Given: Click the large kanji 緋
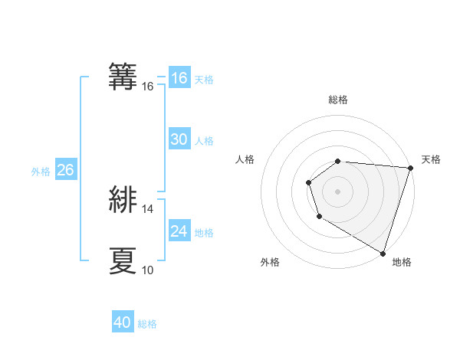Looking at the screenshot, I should coord(123,199).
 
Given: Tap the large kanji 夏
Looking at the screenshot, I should coord(123,260).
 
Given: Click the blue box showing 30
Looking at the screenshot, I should coord(179,139).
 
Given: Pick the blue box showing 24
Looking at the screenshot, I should coord(179,231).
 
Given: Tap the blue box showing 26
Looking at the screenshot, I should coord(65,170).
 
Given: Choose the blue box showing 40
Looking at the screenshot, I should coord(123,323).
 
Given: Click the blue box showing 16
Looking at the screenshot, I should coord(179,78).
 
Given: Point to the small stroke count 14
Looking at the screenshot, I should coord(148,209).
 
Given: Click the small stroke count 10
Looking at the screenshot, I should coord(148,270).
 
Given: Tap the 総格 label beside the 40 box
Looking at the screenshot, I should coord(147,324).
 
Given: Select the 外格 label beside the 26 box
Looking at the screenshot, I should coord(41,172).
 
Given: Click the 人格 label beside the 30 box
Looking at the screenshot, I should coord(204,141).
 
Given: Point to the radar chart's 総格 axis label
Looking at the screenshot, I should coord(337,100).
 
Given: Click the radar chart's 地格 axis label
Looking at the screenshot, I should coord(402,263).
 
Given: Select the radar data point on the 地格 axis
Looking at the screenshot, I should coord(383,253).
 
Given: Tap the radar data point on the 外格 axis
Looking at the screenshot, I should coord(319,217).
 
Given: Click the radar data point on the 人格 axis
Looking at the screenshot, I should coord(308,182).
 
